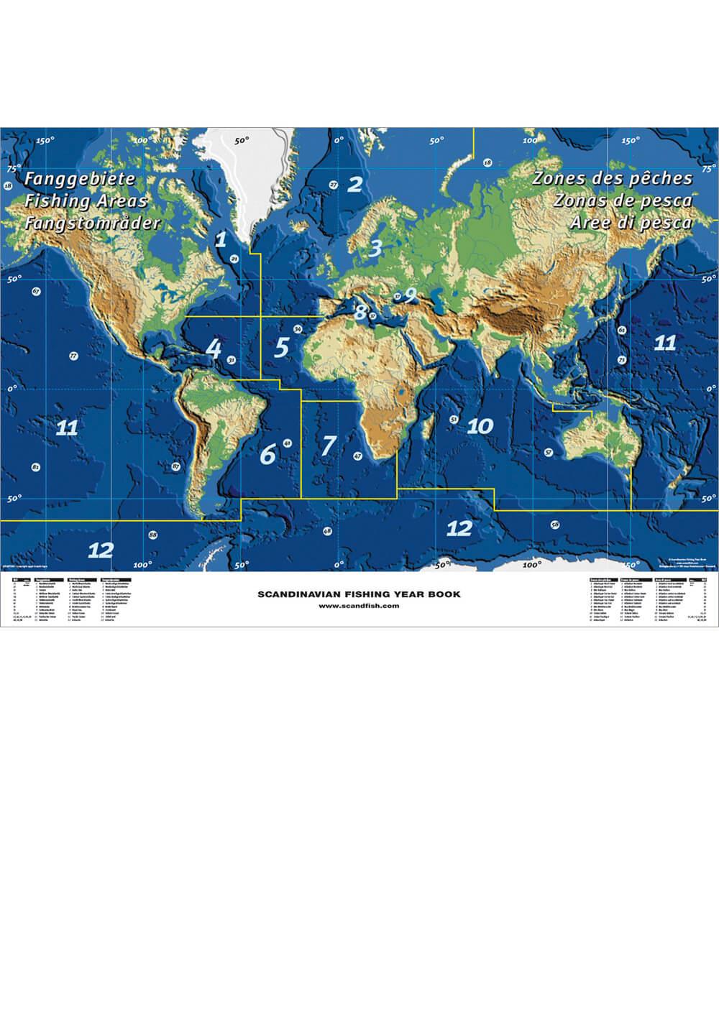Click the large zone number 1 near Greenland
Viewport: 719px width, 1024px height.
[x=221, y=238]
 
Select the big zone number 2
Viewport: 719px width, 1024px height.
[x=354, y=184]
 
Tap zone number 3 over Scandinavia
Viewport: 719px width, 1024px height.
[x=375, y=249]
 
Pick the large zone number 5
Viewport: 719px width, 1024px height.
[x=282, y=347]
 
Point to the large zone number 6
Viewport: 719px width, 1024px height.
[x=267, y=454]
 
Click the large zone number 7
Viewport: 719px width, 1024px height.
[x=328, y=445]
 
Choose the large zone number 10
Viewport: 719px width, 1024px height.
[x=480, y=426]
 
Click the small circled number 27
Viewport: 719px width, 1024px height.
[x=334, y=185]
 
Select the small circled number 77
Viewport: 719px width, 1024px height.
[x=73, y=356]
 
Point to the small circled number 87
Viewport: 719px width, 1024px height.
[x=176, y=467]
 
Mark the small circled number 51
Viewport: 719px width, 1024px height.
[x=454, y=418]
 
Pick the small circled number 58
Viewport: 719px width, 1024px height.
[x=554, y=525]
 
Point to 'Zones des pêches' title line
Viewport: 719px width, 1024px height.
[x=612, y=178]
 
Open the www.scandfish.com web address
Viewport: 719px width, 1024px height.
[x=359, y=586]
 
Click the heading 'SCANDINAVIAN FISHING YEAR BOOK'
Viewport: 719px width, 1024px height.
[x=359, y=574]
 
